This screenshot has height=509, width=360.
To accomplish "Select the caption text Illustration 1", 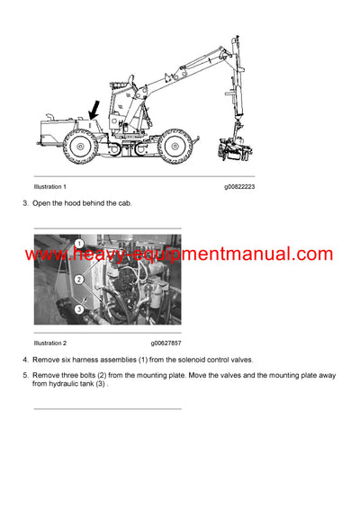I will tap(50, 186).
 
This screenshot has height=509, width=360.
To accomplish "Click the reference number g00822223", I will tap(239, 186).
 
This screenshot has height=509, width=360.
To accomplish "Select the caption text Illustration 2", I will tap(50, 343).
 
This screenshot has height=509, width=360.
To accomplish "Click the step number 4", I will tap(24, 361).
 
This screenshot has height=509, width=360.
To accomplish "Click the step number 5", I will tap(24, 374).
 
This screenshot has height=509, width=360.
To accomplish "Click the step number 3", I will tap(24, 203).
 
